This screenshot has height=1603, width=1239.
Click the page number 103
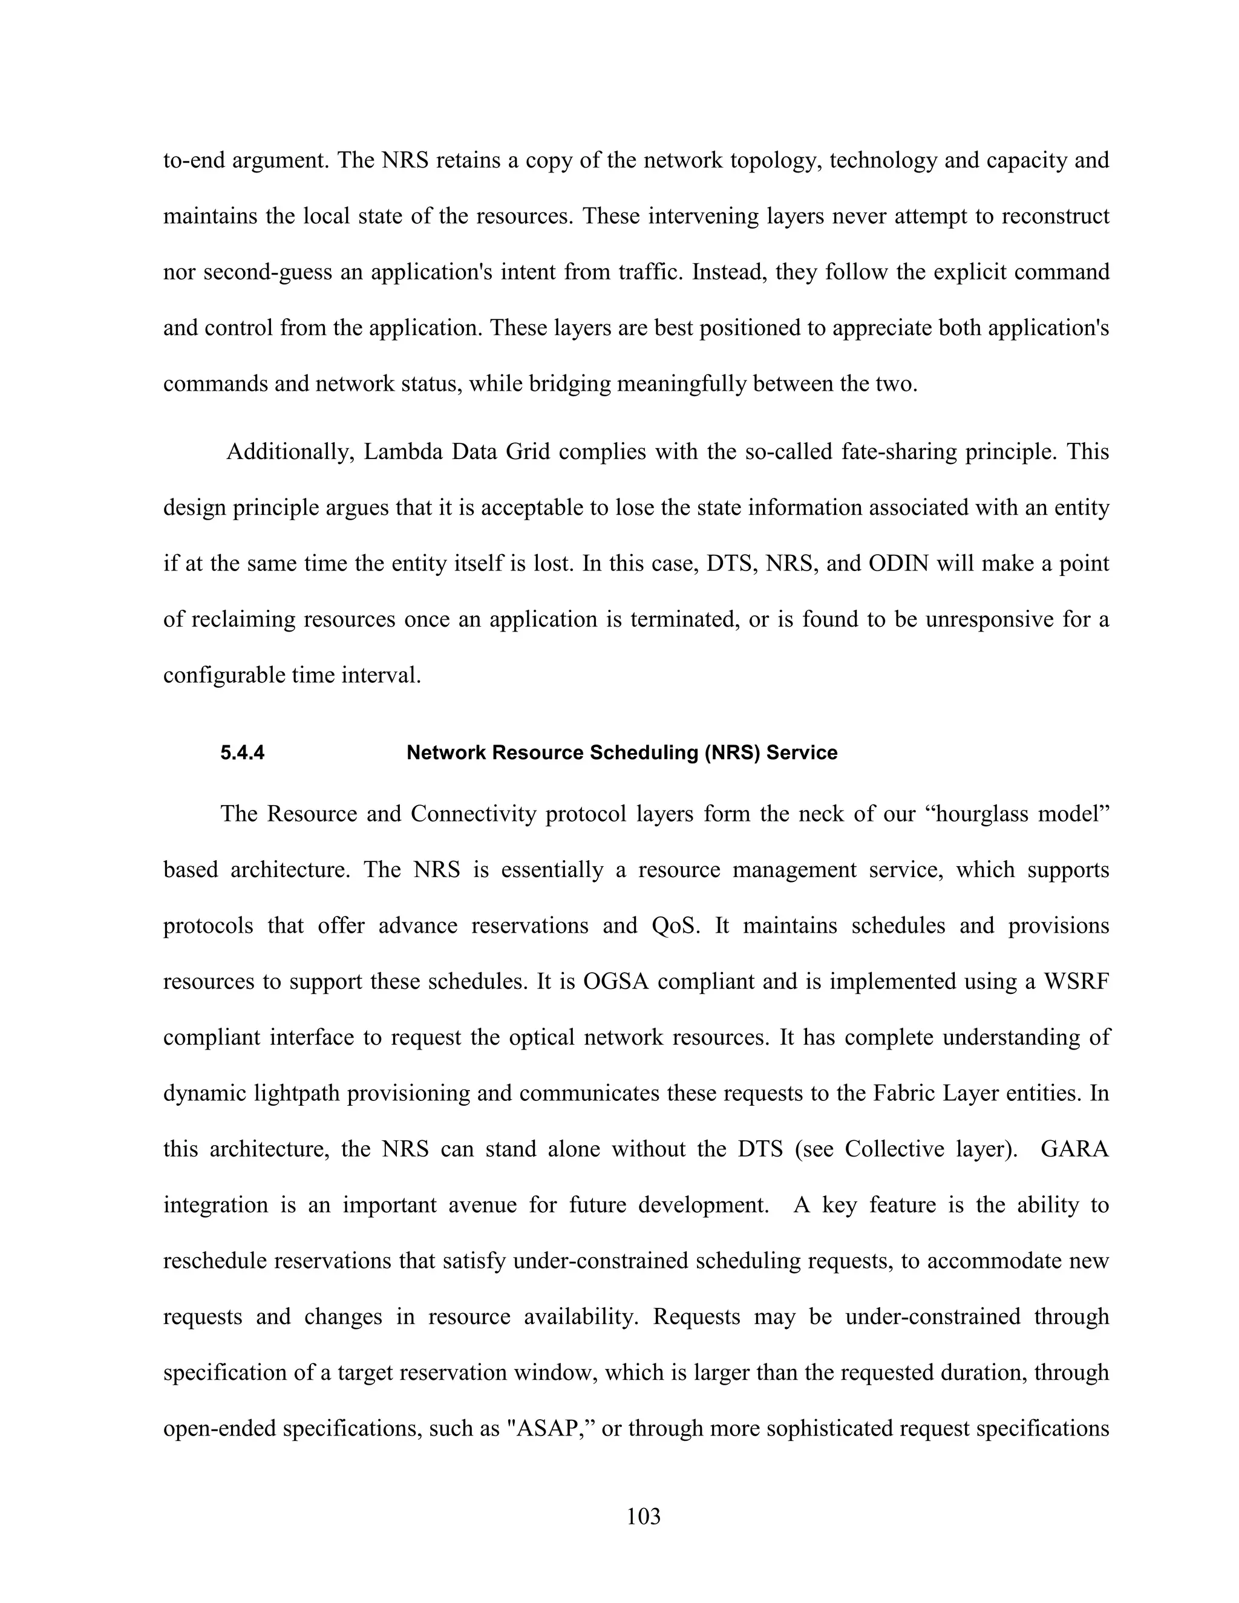click(643, 1516)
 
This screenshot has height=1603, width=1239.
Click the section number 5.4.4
click(242, 753)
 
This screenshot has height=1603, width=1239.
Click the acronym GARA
click(1074, 1149)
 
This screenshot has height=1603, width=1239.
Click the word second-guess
click(281, 272)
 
